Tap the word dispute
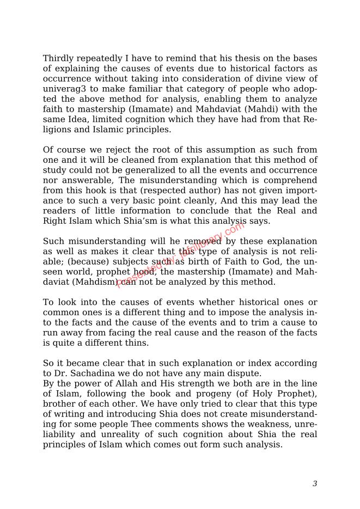coord(247,373)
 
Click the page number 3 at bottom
coord(315,483)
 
